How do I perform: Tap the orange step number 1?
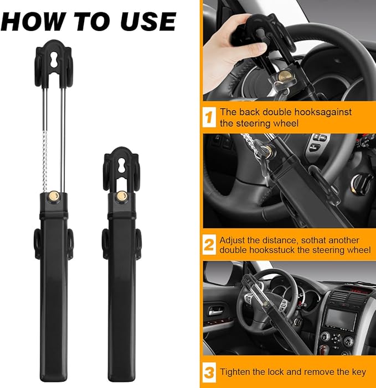(x=209, y=117)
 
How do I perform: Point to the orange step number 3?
(x=209, y=372)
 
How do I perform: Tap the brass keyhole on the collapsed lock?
(x=121, y=196)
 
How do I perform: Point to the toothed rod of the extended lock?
(x=45, y=149)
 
